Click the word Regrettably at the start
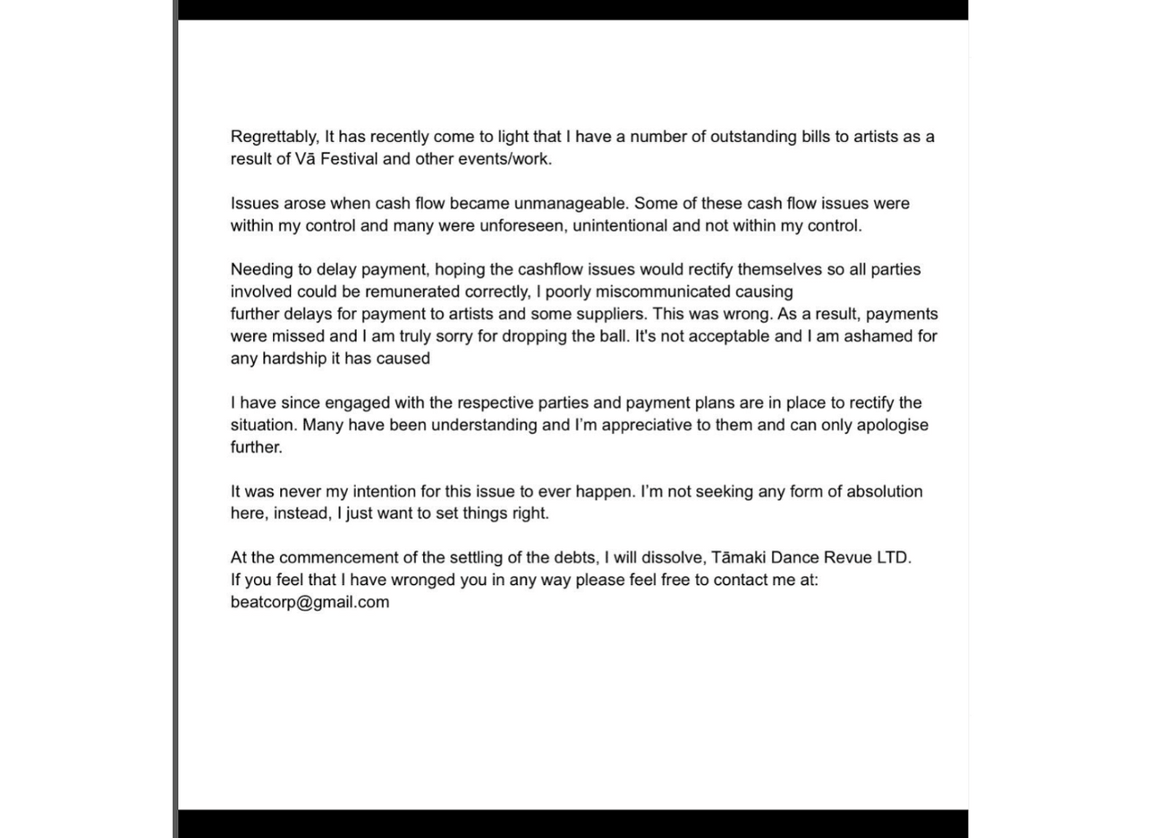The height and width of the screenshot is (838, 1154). (274, 137)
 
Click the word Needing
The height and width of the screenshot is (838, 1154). (260, 270)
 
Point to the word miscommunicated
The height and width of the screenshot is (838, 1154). (663, 292)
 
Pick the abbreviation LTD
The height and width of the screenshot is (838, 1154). (892, 558)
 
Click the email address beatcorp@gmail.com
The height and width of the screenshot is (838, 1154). (310, 603)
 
